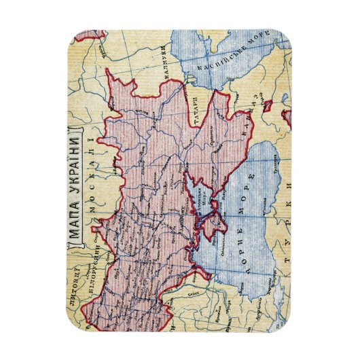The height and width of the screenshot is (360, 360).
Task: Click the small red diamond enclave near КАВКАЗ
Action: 268,105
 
